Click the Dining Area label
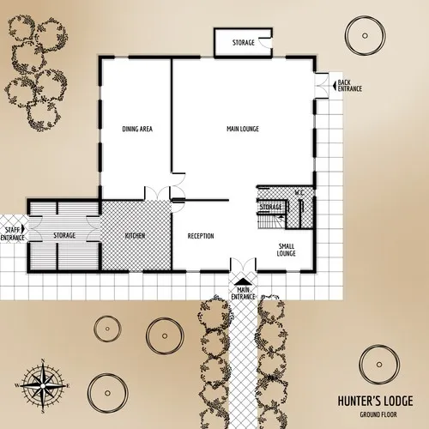pos(137,129)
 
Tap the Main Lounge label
pos(243,129)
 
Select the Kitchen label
pos(134,235)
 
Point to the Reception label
pos(200,236)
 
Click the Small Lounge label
pos(287,250)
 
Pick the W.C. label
pos(299,192)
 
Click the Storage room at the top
pos(243,42)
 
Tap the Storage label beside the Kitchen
pos(64,235)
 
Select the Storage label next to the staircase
pos(271,207)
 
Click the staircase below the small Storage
pos(269,221)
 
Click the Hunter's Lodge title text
pos(375,401)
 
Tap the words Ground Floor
pos(376,414)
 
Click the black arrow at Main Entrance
pos(244,281)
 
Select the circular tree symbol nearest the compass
pos(107,329)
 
